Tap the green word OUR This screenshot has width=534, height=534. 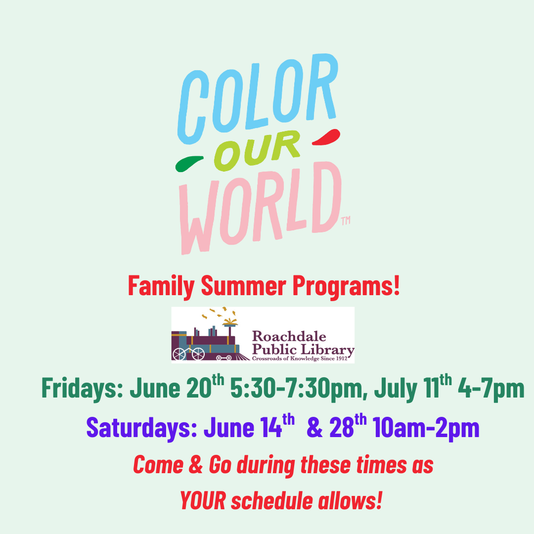tap(257, 150)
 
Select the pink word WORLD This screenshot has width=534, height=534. tap(261, 208)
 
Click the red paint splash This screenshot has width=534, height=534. tap(326, 137)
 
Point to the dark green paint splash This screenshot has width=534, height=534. tap(189, 164)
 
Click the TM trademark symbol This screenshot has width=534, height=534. tap(346, 221)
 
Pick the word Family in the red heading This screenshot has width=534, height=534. tap(161, 287)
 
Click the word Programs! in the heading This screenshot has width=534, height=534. tap(346, 287)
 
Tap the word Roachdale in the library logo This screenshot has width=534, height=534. tap(289, 337)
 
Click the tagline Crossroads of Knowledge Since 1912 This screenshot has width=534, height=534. tap(300, 358)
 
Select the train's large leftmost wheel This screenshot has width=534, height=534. tap(179, 355)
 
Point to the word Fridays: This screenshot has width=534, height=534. tap(82, 389)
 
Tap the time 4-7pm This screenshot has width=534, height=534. tap(491, 389)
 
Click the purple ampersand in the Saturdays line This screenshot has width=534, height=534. tap(314, 428)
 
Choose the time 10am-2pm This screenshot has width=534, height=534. tap(426, 428)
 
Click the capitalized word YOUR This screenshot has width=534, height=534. tap(203, 500)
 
